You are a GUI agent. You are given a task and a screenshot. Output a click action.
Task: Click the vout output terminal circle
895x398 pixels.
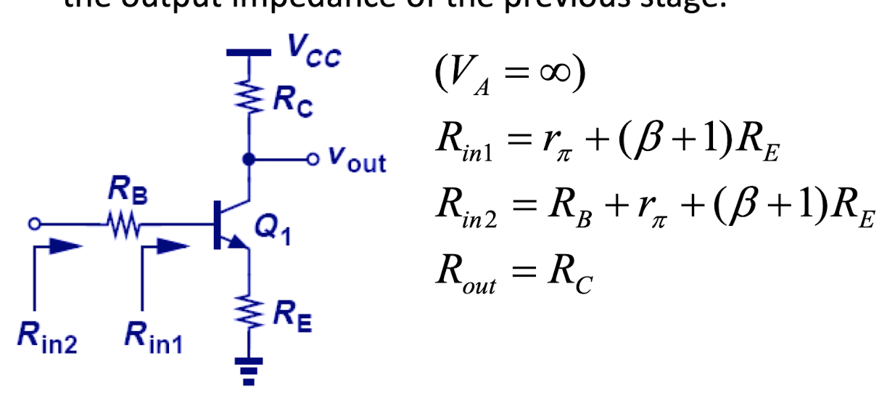point(313,158)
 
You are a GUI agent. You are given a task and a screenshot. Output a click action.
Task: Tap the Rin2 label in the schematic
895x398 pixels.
point(46,336)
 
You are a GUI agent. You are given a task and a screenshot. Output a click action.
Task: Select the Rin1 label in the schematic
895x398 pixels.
point(153,336)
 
